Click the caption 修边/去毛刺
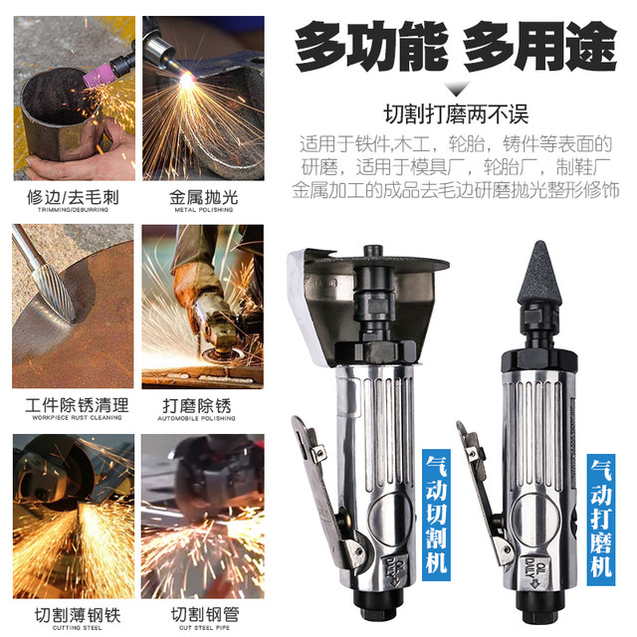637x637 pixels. tap(73, 197)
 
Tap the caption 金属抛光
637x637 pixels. tap(202, 197)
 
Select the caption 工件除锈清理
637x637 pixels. tap(77, 405)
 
